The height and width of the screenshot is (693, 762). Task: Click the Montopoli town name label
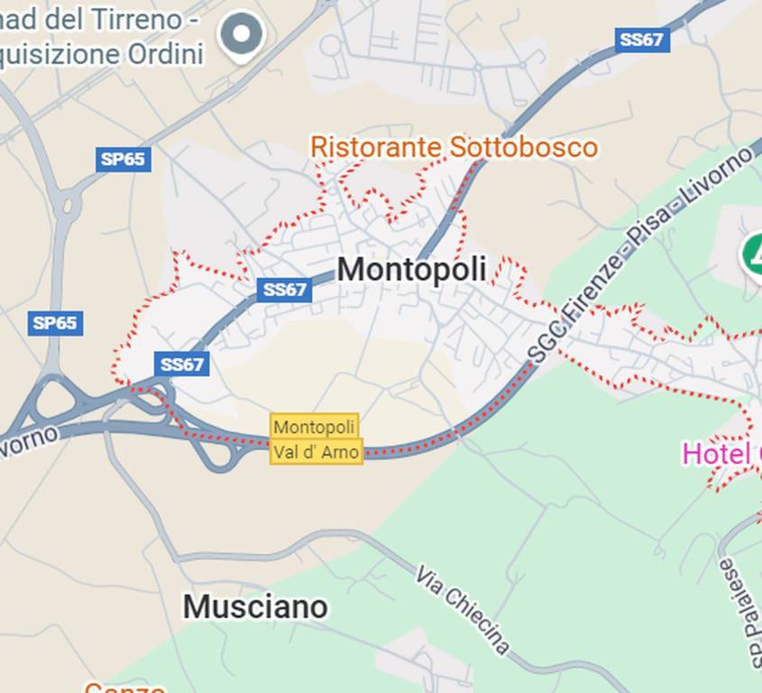pos(411,269)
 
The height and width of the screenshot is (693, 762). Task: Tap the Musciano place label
pos(255,606)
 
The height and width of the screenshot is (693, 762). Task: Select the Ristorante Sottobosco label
pos(454,146)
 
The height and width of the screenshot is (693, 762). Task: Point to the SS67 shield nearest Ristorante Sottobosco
pos(643,40)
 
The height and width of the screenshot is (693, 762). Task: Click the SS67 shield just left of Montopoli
pos(284,290)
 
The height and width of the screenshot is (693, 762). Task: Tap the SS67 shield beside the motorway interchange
pos(182,364)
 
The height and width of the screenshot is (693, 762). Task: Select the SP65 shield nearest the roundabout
pos(123,160)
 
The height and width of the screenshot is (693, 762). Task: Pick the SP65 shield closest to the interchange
pos(55,322)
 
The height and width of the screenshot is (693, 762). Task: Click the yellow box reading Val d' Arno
pos(317,451)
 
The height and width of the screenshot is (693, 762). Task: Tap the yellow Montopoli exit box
pos(315,426)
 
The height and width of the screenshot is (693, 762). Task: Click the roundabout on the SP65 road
pos(65,205)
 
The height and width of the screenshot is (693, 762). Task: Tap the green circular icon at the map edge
pos(753,254)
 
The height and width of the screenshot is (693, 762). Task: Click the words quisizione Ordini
pos(101,54)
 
